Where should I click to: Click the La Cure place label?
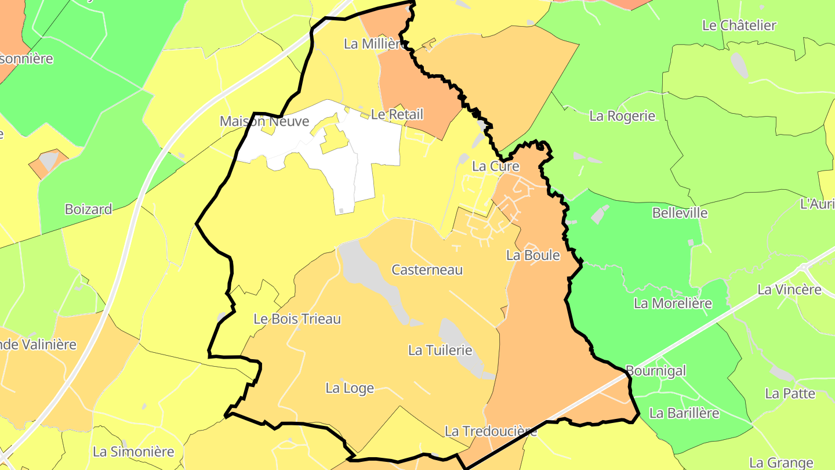pos(495,166)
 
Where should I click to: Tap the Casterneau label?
pos(427,270)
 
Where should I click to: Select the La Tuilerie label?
pos(440,350)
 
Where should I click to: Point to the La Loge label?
pos(350,388)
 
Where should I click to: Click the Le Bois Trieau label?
pos(297,319)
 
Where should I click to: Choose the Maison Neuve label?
pos(264,121)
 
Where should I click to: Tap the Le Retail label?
pos(397,114)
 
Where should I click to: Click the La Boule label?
pos(533,255)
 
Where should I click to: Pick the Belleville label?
pos(680,213)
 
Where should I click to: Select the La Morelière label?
pos(673,303)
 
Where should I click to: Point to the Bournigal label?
pos(656,371)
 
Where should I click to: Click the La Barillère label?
pos(684,413)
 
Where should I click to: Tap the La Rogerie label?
pos(622,116)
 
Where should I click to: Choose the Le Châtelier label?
pos(739,26)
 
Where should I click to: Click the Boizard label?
pos(88,209)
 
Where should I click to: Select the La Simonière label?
pos(133,451)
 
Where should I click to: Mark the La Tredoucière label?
pos(491,431)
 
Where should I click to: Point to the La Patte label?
pos(790,393)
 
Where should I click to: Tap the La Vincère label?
pos(789,289)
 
